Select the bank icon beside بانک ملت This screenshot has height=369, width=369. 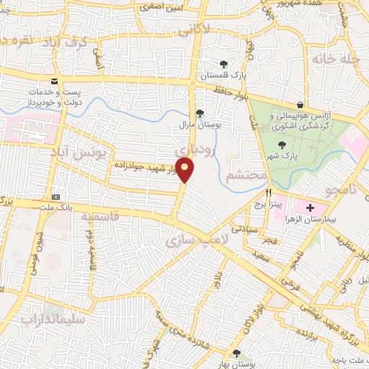[x=55, y=197]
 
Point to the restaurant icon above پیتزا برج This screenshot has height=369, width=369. [x=269, y=192]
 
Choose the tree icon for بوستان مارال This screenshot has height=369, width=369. [x=200, y=112]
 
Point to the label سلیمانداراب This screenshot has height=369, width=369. [x=52, y=318]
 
